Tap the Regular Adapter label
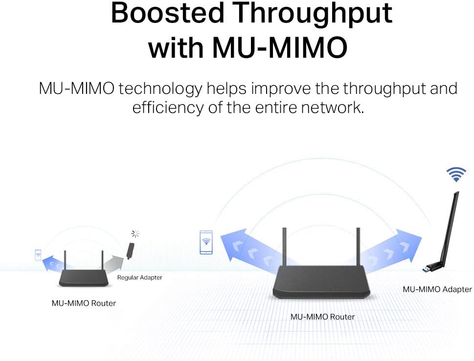click(x=139, y=277)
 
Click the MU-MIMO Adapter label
click(x=437, y=289)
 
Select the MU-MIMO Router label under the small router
click(x=84, y=303)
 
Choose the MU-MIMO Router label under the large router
click(x=322, y=316)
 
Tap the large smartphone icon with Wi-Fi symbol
click(x=206, y=242)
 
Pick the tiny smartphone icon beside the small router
click(x=38, y=255)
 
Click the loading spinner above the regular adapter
click(x=135, y=234)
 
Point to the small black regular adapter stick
click(x=130, y=251)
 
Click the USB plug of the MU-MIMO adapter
click(x=429, y=268)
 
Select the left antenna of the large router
click(x=284, y=247)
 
